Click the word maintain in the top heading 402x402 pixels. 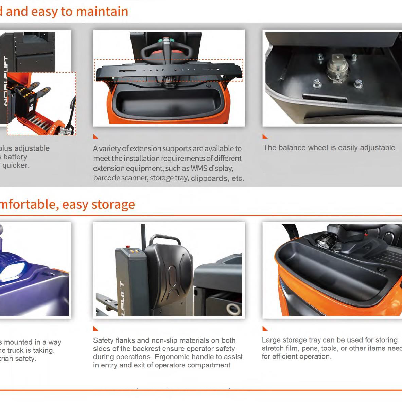102,12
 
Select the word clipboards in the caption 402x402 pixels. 209,178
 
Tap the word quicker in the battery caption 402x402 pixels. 16,165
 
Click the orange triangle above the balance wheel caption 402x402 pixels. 265,137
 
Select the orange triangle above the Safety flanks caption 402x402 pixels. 95,328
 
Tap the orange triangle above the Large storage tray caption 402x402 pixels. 265,328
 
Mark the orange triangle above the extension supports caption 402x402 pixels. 95,137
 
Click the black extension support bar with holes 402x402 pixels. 169,71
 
